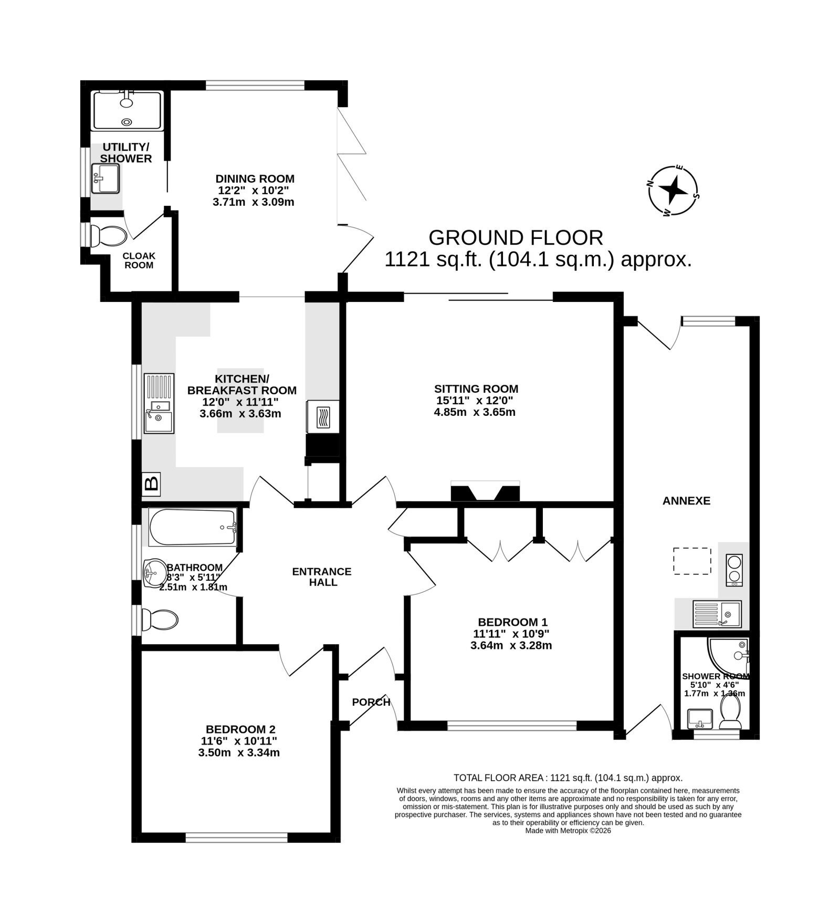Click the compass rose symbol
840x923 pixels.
[x=673, y=191]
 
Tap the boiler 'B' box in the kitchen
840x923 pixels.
[x=152, y=483]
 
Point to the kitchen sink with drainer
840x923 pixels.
[x=159, y=403]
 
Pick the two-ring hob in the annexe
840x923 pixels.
[x=733, y=570]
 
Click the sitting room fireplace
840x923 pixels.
[x=485, y=491]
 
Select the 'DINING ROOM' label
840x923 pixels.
[x=255, y=179]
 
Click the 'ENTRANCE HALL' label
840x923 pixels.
[x=322, y=576]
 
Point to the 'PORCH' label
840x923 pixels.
[x=371, y=702]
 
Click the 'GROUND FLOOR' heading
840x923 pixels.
[x=516, y=238]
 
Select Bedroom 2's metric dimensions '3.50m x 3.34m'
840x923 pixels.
[x=239, y=752]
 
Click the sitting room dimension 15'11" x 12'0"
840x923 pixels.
[x=475, y=401]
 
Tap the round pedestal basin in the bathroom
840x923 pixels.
[x=154, y=572]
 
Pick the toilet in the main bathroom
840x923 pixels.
[x=161, y=621]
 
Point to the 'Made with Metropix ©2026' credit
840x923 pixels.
[x=568, y=831]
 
